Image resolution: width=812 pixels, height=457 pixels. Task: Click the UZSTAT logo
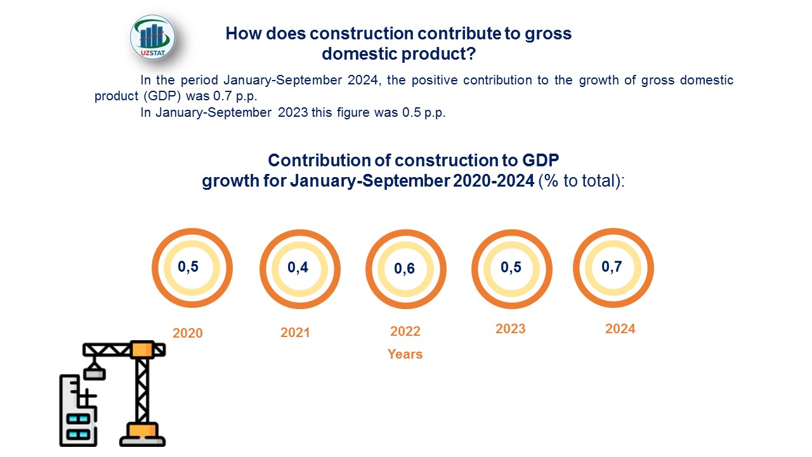pyautogui.click(x=152, y=37)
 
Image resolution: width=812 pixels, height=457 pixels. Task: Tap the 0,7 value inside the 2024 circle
pyautogui.click(x=612, y=267)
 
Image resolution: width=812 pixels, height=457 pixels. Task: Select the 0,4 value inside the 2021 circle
pyautogui.click(x=298, y=267)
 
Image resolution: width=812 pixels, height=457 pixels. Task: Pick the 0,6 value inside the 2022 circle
pyautogui.click(x=404, y=268)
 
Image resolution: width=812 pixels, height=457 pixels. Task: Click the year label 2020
pyautogui.click(x=187, y=333)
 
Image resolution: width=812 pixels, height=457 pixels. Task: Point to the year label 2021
pyautogui.click(x=295, y=333)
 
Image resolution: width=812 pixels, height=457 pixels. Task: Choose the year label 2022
pyautogui.click(x=405, y=331)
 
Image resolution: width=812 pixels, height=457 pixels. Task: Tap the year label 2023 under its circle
pyautogui.click(x=511, y=329)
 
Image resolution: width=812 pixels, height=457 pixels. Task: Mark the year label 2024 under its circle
pyautogui.click(x=620, y=329)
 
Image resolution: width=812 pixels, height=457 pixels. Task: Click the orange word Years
pyautogui.click(x=405, y=354)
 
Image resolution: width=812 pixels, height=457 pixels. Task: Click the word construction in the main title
pyautogui.click(x=362, y=34)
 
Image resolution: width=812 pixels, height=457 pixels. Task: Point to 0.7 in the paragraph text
pyautogui.click(x=222, y=96)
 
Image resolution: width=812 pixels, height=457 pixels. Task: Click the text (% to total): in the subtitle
pyautogui.click(x=582, y=181)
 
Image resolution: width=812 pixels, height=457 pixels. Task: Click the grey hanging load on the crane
pyautogui.click(x=95, y=373)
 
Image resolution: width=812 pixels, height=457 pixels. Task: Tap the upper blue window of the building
pyautogui.click(x=78, y=419)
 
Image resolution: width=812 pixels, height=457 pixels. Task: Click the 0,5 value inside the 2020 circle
pyautogui.click(x=188, y=267)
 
